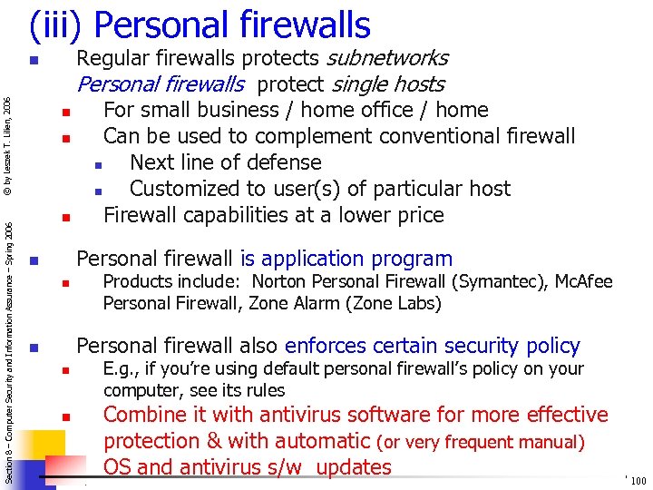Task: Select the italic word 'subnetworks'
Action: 386,59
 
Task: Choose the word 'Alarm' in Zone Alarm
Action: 287,303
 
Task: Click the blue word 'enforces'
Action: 325,346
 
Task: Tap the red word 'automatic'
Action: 308,442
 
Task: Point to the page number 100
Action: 638,481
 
